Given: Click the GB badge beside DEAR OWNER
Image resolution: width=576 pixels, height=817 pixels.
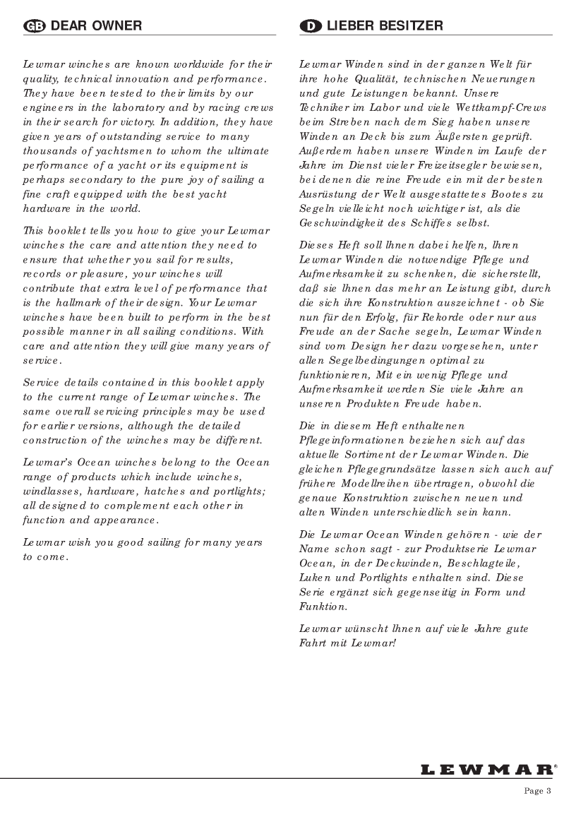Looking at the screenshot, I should (34, 26).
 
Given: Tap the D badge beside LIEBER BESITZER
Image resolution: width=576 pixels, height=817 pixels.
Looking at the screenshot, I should (310, 26).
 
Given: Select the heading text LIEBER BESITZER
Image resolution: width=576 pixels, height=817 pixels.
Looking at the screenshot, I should (384, 26).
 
